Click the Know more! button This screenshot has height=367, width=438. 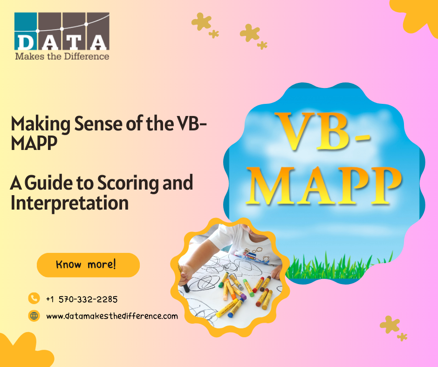point(88,265)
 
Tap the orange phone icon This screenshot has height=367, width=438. point(34,298)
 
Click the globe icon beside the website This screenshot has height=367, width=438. point(34,316)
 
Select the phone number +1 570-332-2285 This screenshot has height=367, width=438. point(82,299)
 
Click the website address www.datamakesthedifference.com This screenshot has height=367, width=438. point(112,316)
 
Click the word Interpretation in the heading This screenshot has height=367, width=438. point(69,203)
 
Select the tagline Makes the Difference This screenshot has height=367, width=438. point(62,56)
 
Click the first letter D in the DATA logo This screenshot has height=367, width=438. point(25,42)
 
